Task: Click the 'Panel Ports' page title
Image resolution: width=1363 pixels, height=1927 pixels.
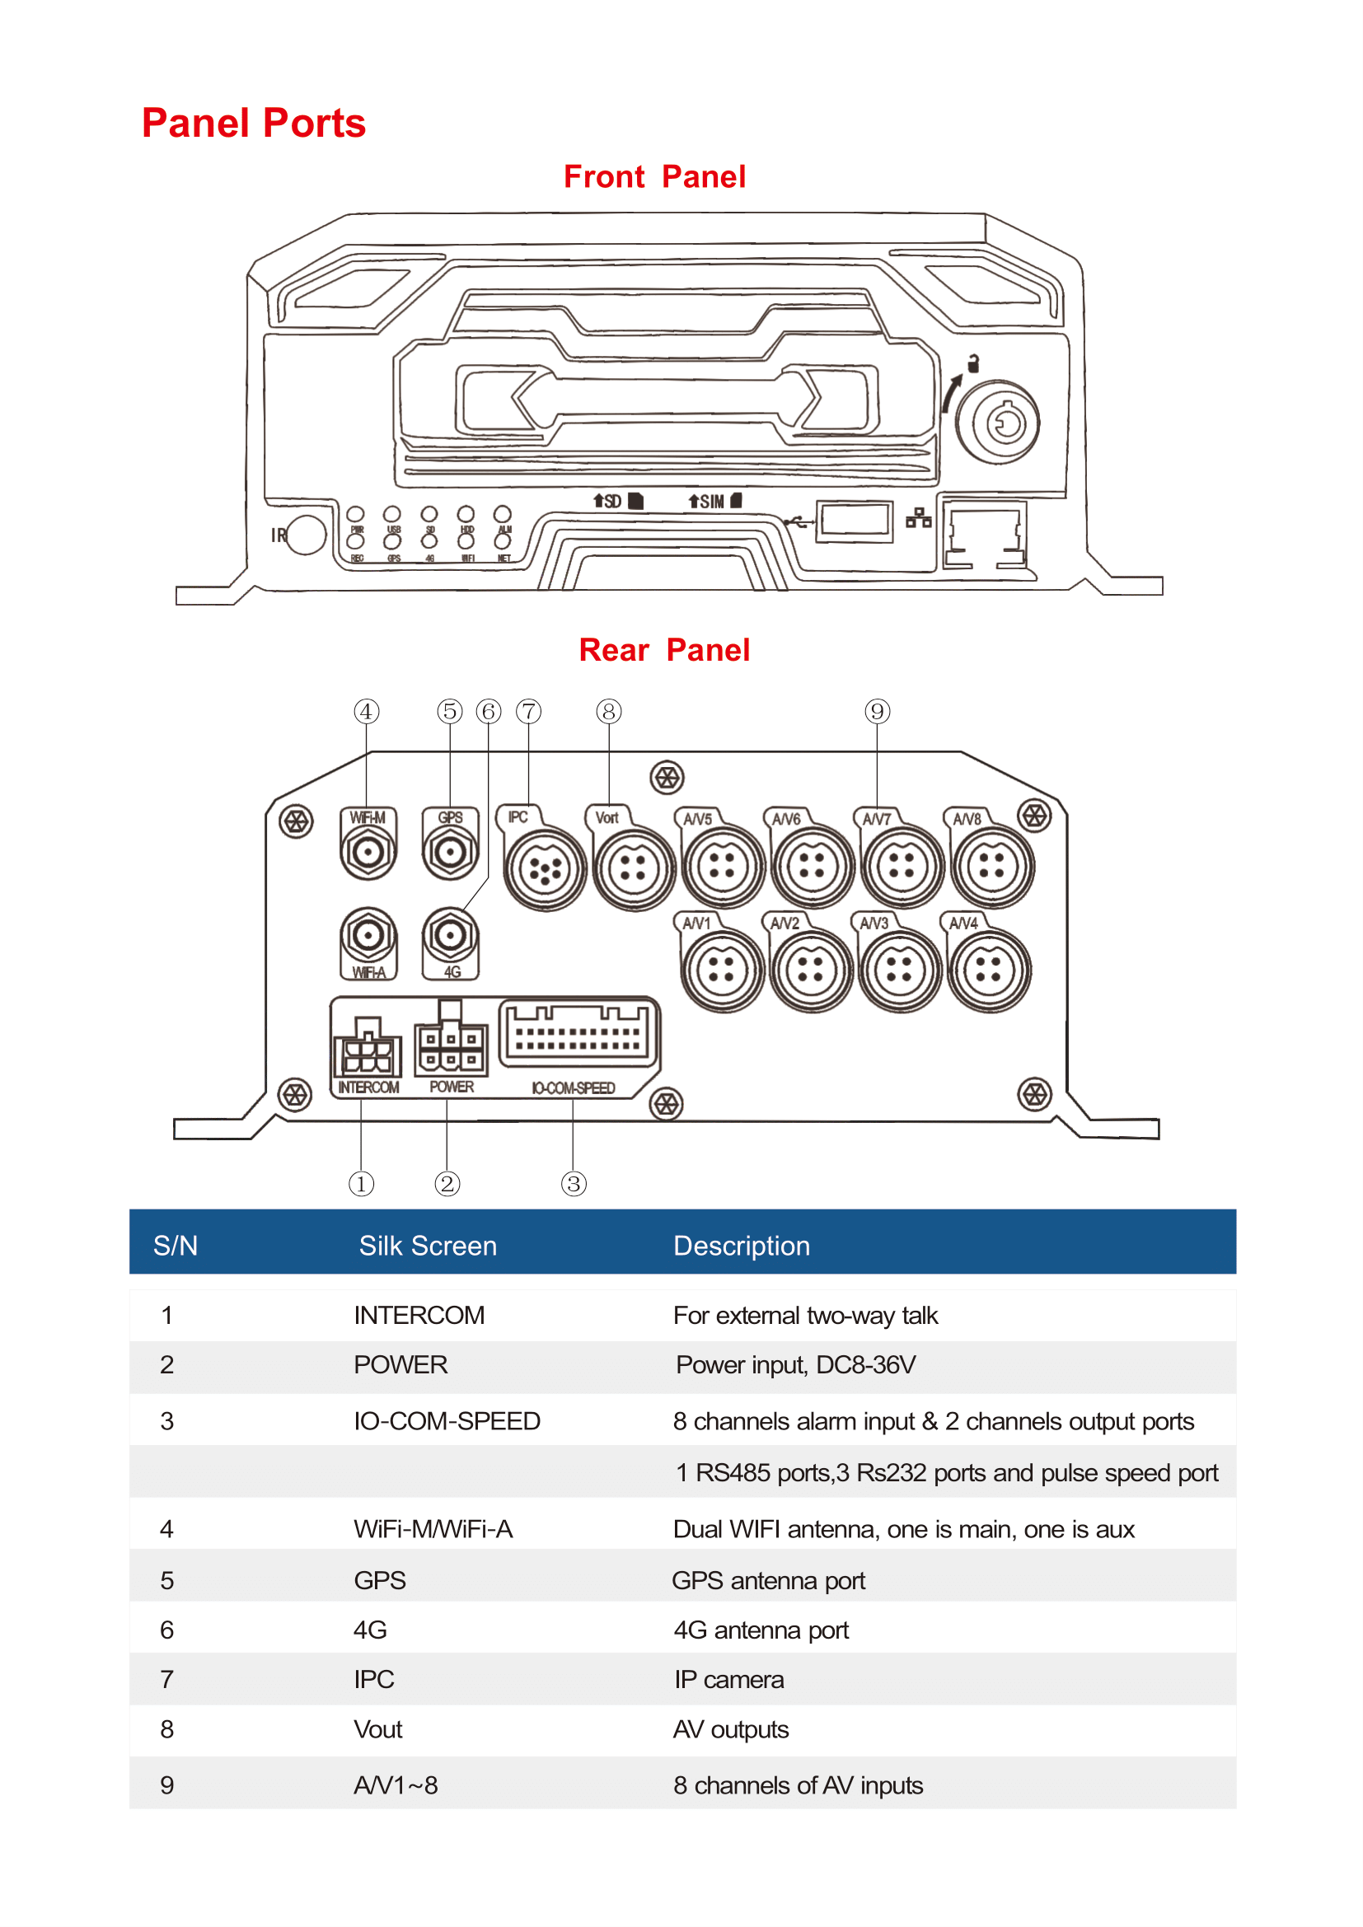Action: [x=254, y=124]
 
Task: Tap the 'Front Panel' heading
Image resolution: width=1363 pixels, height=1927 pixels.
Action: [x=654, y=177]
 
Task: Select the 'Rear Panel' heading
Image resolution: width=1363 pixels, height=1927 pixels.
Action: [x=664, y=651]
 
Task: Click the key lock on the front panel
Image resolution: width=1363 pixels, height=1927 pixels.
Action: [x=999, y=422]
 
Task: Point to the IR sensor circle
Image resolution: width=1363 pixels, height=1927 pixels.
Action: [x=306, y=535]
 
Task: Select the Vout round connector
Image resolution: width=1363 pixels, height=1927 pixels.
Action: [x=634, y=868]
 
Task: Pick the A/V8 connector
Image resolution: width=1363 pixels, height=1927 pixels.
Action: [x=991, y=867]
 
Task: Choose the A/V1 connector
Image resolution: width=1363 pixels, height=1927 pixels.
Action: [x=722, y=971]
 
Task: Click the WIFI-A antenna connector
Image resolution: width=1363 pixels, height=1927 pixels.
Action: [x=368, y=935]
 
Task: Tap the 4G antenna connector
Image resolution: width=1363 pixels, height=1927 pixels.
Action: [x=451, y=935]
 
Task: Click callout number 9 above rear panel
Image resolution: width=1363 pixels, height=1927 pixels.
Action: [x=877, y=712]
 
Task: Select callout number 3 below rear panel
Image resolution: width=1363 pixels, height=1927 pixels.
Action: [x=574, y=1184]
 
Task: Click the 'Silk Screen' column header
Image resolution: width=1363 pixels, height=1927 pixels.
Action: [x=427, y=1246]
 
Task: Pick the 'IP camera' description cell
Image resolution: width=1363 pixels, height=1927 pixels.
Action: [x=728, y=1679]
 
